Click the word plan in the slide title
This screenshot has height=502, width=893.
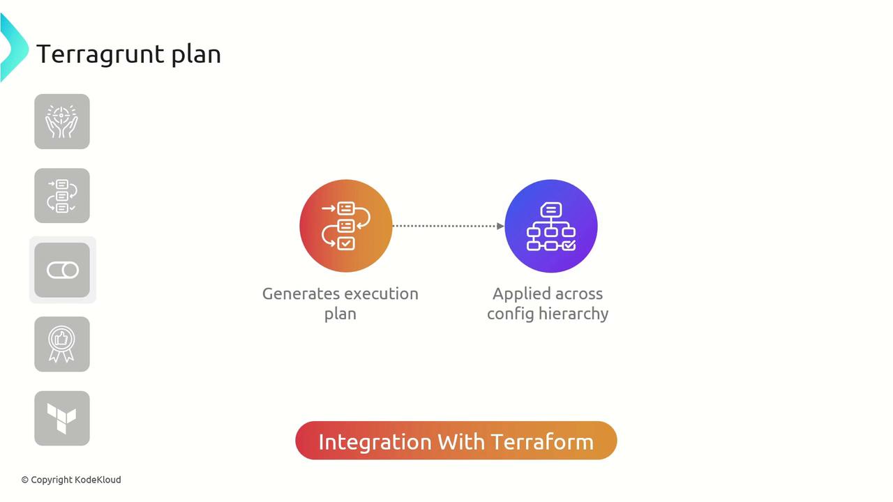click(x=196, y=55)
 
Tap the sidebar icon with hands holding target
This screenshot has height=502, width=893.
click(x=62, y=121)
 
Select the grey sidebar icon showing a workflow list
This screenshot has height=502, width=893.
click(x=62, y=196)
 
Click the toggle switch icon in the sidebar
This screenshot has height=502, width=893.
click(x=63, y=270)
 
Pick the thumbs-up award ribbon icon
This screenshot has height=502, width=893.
click(x=62, y=344)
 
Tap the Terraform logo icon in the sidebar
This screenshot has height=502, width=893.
click(x=62, y=418)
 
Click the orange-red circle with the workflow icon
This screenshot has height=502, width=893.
click(x=346, y=226)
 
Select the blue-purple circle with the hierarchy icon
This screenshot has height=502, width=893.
click(x=551, y=226)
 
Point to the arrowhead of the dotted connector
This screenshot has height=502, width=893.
click(x=500, y=226)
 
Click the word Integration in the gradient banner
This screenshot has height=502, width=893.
click(x=375, y=441)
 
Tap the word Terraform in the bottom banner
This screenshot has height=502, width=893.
click(x=542, y=441)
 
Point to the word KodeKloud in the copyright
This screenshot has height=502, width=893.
click(x=98, y=480)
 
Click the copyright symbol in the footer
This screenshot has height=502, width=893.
click(x=25, y=480)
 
